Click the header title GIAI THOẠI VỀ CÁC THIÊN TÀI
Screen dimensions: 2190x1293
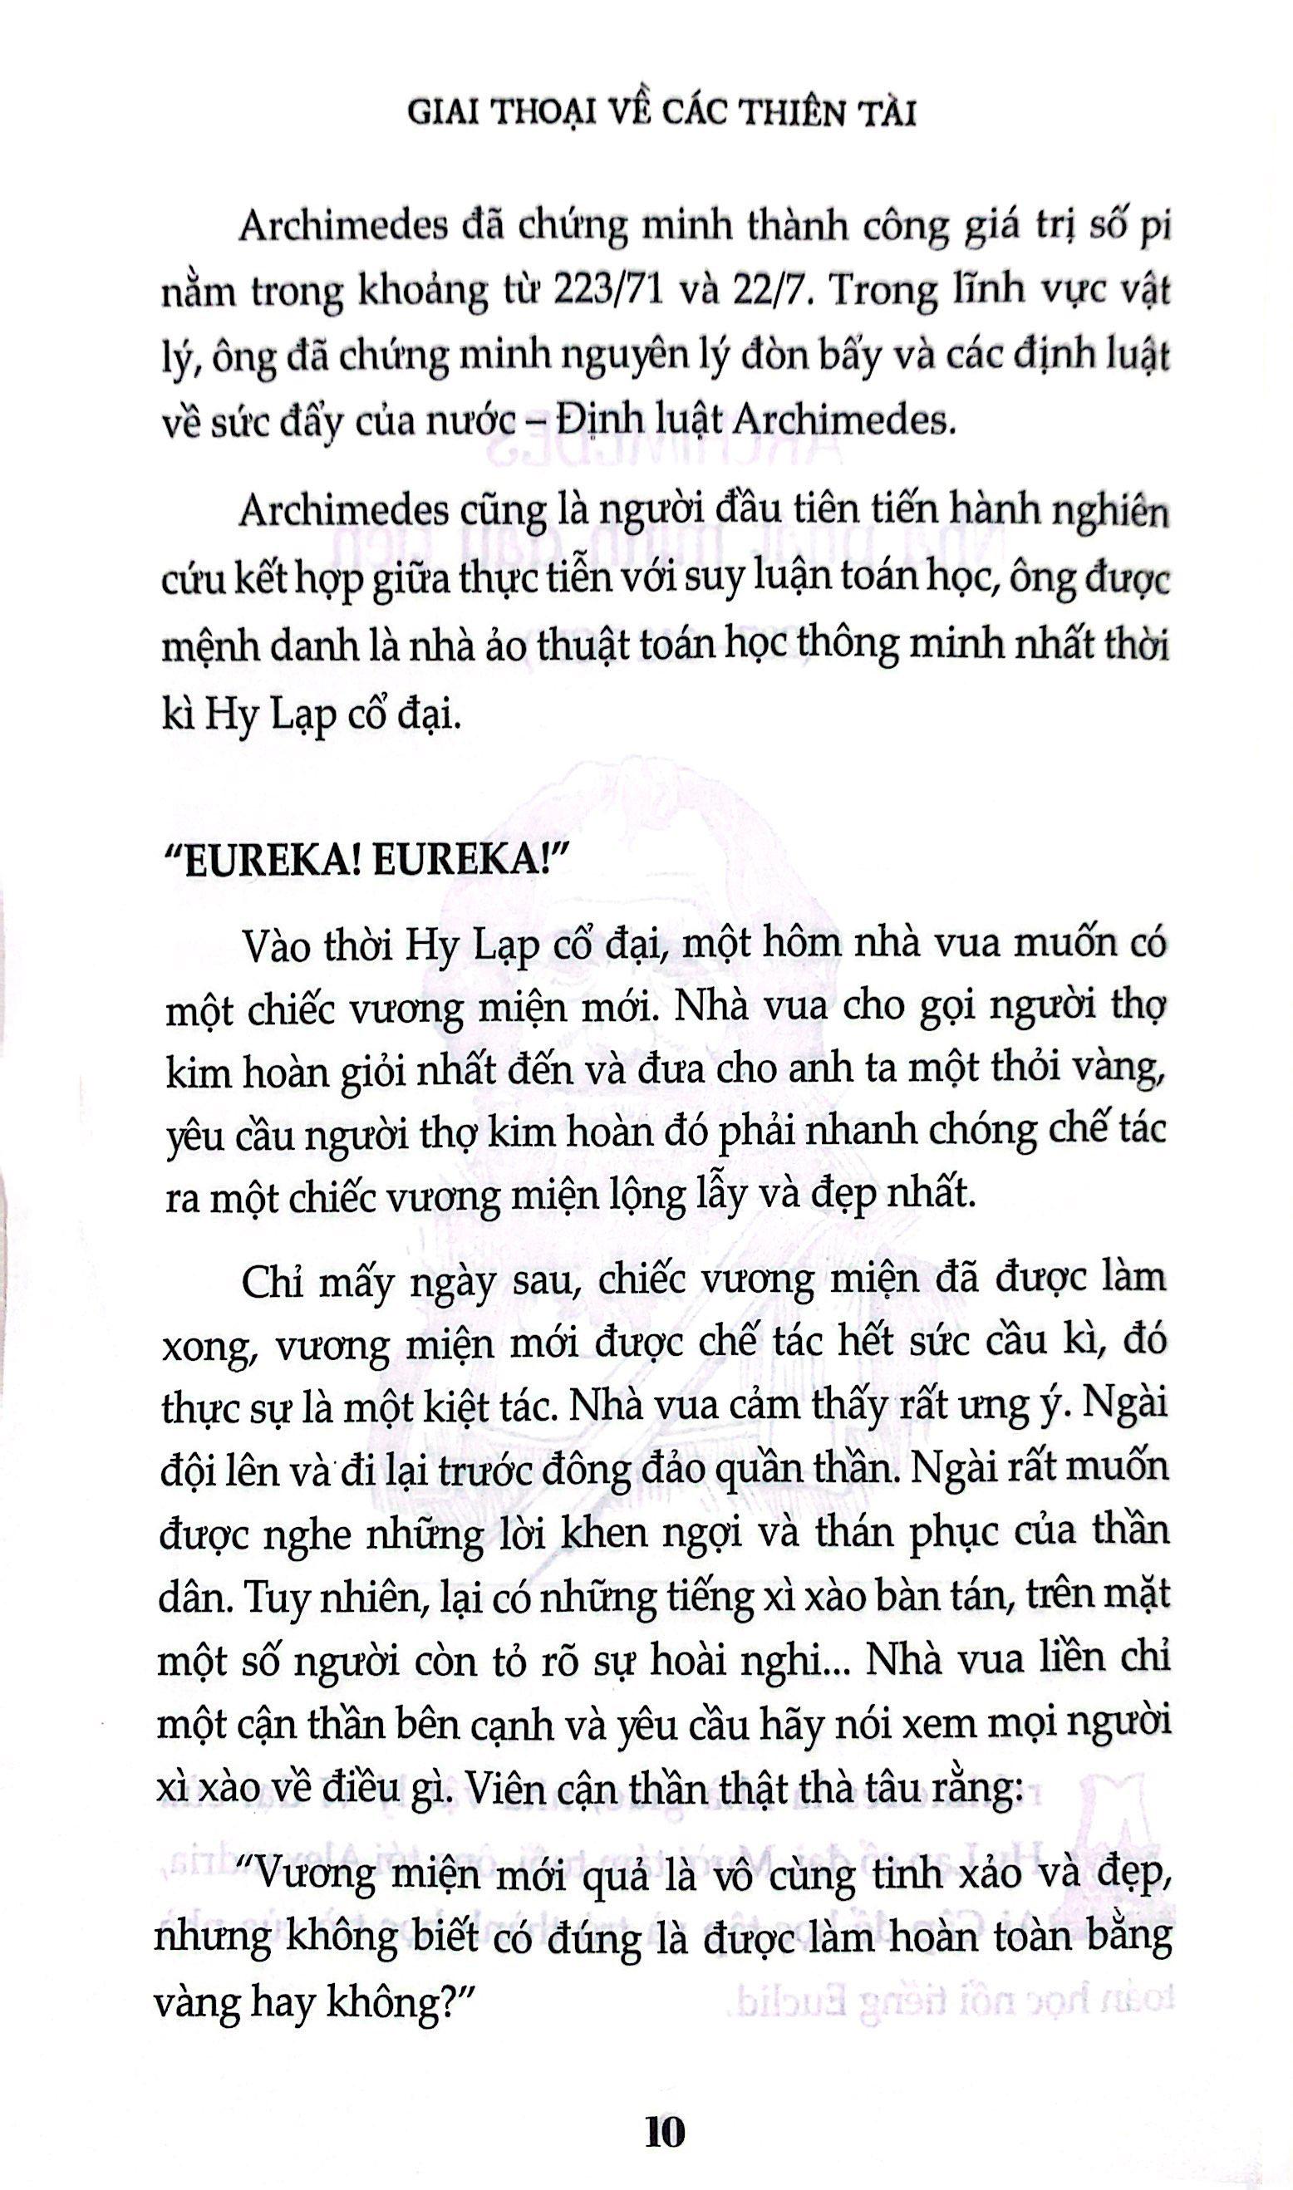coord(663,115)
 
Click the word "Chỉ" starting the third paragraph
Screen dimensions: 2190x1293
coord(266,1277)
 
